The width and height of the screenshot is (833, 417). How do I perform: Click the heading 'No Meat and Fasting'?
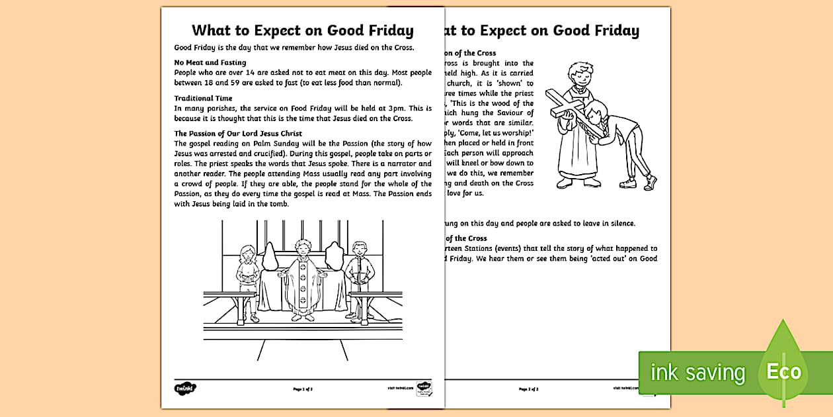(210, 62)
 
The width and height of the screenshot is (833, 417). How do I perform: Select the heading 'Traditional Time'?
(203, 98)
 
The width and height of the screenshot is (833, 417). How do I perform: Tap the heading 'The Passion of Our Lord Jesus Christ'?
(237, 133)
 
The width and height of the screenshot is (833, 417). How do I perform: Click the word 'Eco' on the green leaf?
(783, 371)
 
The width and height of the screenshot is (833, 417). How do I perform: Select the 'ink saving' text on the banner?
(697, 373)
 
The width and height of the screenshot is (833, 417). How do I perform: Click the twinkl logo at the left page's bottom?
(186, 388)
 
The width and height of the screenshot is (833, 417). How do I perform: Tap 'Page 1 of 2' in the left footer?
(303, 389)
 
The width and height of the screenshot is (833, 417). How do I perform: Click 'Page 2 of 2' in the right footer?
(529, 389)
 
